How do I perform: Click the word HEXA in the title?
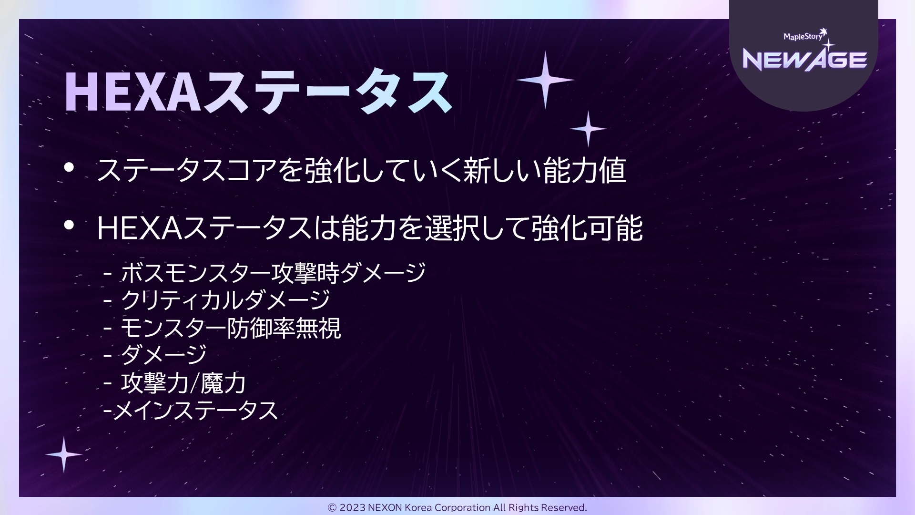coord(133,93)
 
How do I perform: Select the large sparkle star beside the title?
coord(545,80)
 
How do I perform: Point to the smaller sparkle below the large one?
coord(588,129)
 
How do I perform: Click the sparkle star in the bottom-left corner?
coord(63,454)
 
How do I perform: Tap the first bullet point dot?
coord(69,167)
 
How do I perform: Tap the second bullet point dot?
coord(69,225)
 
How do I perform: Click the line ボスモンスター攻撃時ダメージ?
coord(273,273)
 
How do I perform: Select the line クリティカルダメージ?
coord(225,300)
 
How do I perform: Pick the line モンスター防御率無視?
coord(231,328)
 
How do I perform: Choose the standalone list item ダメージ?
coord(163,355)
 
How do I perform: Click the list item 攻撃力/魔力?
coord(183,383)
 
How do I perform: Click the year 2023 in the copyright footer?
coord(352,507)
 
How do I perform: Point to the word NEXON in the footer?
coord(385,507)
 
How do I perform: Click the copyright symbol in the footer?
coord(332,507)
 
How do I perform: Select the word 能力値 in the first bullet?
coord(585,170)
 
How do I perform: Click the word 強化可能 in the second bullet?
coord(587,228)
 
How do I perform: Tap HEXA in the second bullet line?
coord(140,228)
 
